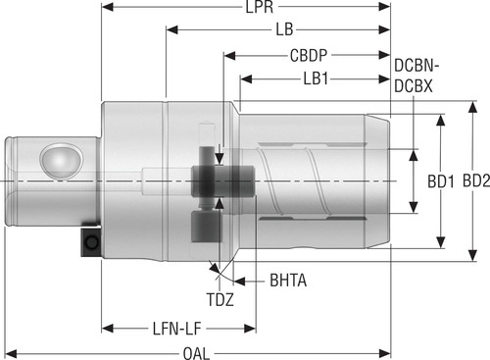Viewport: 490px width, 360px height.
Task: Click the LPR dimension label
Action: pyautogui.click(x=260, y=7)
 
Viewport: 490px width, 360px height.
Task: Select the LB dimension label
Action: pyautogui.click(x=284, y=29)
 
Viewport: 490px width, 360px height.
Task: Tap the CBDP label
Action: pyautogui.click(x=309, y=55)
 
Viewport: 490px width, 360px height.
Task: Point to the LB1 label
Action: pyautogui.click(x=316, y=78)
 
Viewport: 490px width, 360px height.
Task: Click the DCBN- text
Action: pyautogui.click(x=416, y=66)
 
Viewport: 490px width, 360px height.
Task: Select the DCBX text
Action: pyautogui.click(x=414, y=86)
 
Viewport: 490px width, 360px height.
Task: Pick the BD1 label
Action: pyautogui.click(x=441, y=181)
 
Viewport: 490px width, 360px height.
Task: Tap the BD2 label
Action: pyautogui.click(x=476, y=180)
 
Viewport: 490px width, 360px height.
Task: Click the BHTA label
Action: pyautogui.click(x=288, y=281)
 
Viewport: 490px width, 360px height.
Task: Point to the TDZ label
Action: pyautogui.click(x=220, y=300)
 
